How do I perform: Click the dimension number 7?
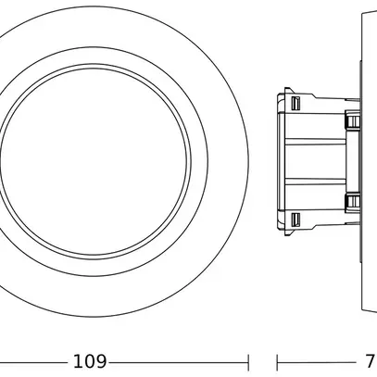pos(369,360)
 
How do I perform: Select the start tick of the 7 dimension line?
pos(278,360)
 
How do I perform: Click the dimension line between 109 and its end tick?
pos(176,360)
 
